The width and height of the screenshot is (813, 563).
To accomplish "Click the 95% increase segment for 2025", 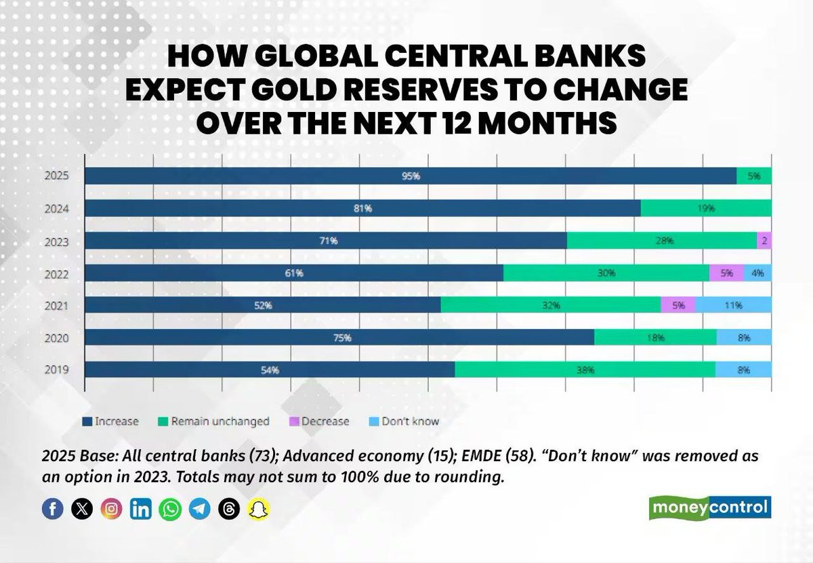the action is (411, 176).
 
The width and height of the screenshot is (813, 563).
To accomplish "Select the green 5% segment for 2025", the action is (754, 176).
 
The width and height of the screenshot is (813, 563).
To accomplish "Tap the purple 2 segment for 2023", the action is (764, 241).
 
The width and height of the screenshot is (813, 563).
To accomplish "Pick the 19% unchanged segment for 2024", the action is (706, 208).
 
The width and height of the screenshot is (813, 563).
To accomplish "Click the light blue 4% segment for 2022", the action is (758, 273).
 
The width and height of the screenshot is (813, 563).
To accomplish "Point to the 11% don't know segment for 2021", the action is (734, 305).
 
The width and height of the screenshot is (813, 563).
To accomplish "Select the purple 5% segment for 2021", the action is (678, 305).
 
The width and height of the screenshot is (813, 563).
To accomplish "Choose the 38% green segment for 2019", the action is (585, 370).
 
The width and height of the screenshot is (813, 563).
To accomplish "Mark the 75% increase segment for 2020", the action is (339, 337).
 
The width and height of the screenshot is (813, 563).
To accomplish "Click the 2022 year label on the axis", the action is (57, 274).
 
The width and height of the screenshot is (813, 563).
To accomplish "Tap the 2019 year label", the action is (57, 370).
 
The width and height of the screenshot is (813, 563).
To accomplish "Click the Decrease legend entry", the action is (319, 421).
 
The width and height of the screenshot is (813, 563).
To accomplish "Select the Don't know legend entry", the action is (404, 421).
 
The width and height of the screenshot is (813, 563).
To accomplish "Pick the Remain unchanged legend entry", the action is (214, 421).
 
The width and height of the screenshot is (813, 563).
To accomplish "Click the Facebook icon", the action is (53, 509).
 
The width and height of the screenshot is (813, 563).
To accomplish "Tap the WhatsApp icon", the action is (170, 509).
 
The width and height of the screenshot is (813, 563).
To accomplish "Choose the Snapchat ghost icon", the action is (258, 509).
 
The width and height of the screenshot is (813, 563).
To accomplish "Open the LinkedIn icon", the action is (141, 509).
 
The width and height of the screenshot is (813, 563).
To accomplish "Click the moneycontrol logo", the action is (710, 507).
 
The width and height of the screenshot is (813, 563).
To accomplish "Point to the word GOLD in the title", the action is (295, 89).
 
